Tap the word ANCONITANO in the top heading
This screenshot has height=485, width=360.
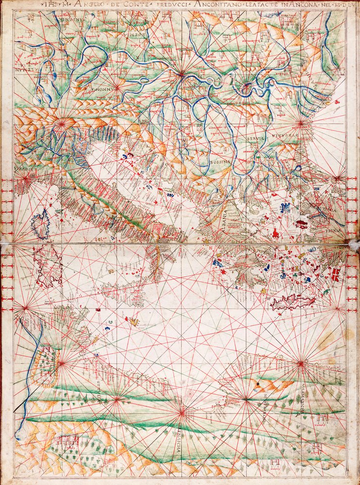[216, 5]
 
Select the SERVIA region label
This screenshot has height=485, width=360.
[255, 138]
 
